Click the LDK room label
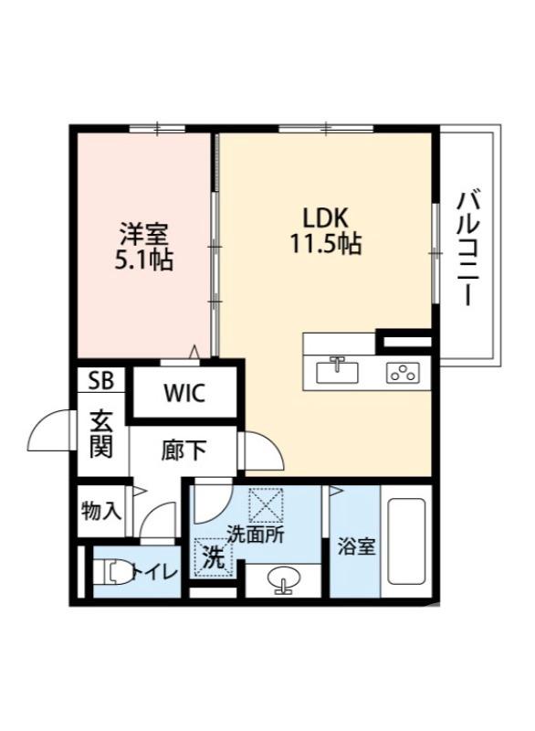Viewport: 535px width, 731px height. point(324,219)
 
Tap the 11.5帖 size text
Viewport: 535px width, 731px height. point(325,245)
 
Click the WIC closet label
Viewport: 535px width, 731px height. point(185,394)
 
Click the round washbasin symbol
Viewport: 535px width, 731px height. point(282,580)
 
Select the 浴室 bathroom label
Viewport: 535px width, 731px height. point(352,547)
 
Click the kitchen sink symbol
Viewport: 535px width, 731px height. point(337,372)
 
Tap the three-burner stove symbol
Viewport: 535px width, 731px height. point(403,372)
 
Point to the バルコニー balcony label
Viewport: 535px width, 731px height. point(470,247)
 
